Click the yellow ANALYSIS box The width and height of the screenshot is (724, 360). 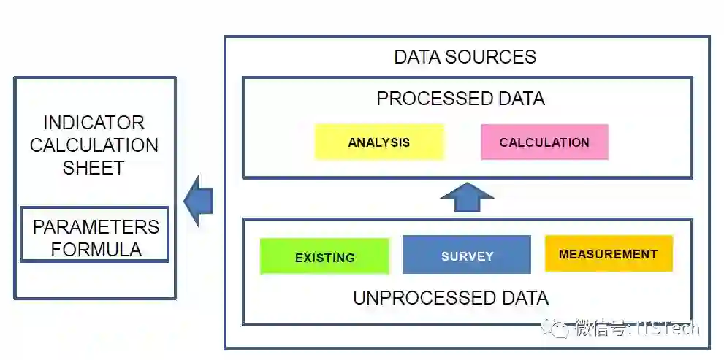point(378,142)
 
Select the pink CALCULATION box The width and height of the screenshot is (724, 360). point(544,142)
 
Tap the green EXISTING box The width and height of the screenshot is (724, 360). point(324,257)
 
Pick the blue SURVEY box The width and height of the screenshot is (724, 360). point(467,256)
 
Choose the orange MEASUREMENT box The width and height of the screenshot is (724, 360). point(608,254)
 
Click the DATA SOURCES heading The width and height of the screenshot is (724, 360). point(465,57)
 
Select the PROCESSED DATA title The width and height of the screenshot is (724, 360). point(460,99)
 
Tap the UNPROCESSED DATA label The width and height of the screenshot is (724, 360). point(450,298)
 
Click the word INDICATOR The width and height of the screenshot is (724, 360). point(94,123)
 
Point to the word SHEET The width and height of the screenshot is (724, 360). point(94,167)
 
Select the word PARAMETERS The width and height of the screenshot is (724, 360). point(96,227)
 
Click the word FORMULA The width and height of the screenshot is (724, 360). point(96,249)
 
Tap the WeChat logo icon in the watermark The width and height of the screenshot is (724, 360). point(560,328)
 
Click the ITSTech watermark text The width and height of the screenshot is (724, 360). point(668,328)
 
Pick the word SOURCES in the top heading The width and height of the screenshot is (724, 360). point(501,57)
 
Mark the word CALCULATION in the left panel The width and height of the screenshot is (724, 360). point(94,145)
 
